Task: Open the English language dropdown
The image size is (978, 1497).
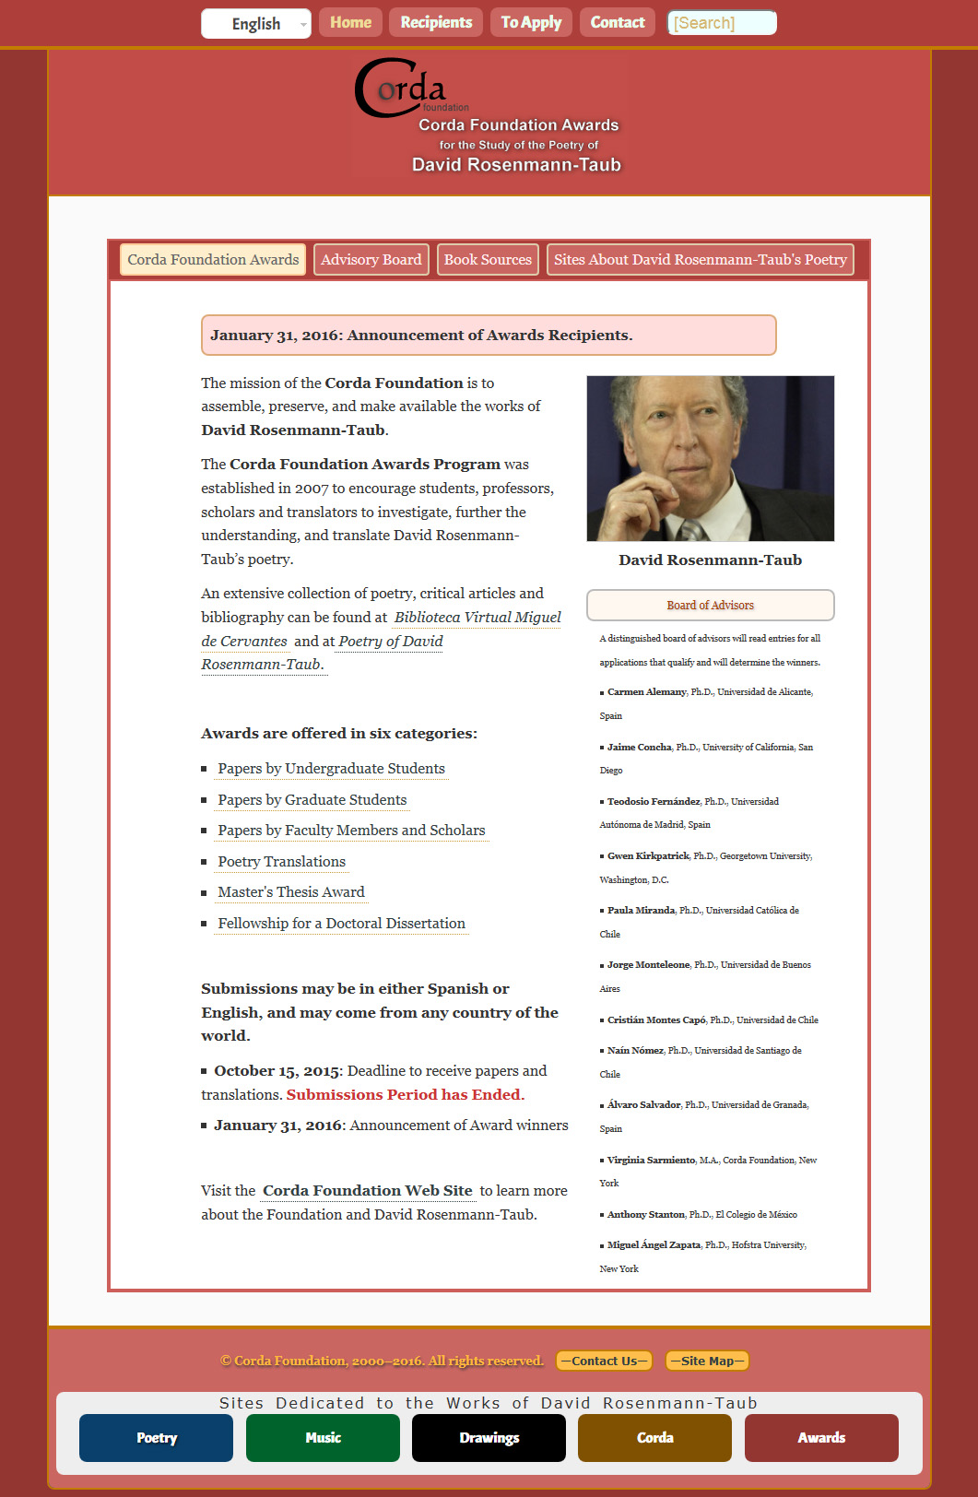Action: click(256, 24)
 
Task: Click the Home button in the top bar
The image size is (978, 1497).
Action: click(350, 22)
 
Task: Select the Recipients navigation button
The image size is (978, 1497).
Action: click(436, 22)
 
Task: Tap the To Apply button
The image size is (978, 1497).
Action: click(531, 22)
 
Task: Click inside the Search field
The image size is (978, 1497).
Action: click(722, 23)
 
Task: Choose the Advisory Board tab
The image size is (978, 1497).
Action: click(371, 260)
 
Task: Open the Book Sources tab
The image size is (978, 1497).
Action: click(488, 260)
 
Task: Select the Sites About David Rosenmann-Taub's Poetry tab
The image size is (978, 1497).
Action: click(700, 260)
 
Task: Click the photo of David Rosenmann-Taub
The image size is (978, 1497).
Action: click(710, 458)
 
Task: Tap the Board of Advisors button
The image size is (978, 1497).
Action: click(710, 606)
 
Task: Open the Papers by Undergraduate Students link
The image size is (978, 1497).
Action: click(331, 769)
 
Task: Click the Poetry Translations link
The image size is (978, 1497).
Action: click(281, 862)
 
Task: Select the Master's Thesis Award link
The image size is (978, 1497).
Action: click(291, 892)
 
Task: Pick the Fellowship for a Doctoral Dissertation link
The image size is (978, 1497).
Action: click(341, 924)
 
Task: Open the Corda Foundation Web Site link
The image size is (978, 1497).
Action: click(367, 1191)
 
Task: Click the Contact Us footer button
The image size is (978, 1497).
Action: click(604, 1361)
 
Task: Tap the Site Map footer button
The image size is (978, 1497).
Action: click(707, 1361)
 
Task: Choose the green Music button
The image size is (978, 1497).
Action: click(323, 1438)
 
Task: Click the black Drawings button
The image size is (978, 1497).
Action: click(489, 1438)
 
